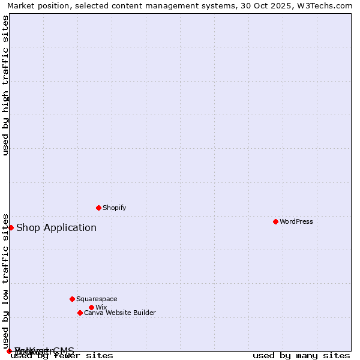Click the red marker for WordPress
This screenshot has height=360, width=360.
[x=275, y=221]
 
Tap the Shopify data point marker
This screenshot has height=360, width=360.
[x=98, y=208]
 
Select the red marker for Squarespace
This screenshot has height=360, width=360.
[x=72, y=299]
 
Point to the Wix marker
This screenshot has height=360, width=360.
[x=91, y=307]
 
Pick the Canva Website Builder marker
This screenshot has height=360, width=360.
[x=80, y=313]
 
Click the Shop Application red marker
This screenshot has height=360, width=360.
[x=11, y=227]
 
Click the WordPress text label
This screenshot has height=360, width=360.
[x=296, y=221]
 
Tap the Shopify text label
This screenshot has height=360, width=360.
[x=114, y=208]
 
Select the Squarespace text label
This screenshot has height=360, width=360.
[x=97, y=299]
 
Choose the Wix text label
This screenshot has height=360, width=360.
[x=101, y=307]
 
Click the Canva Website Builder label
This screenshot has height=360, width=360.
[x=120, y=313]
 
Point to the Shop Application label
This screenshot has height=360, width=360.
[x=56, y=227]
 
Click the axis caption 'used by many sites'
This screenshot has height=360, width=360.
[x=301, y=355]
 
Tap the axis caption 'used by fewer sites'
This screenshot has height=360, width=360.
[x=62, y=355]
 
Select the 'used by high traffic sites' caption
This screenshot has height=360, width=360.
[x=5, y=85]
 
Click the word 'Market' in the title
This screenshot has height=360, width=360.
[x=20, y=5]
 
